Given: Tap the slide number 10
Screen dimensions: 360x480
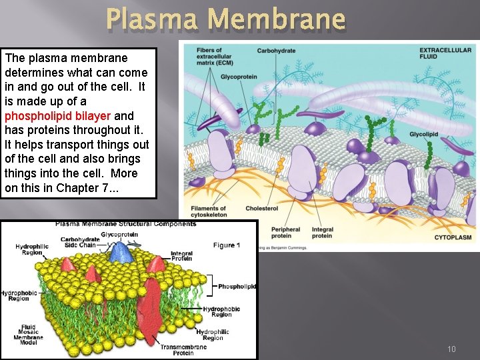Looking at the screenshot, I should coord(451,349).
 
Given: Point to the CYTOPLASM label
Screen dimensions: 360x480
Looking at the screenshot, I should coord(453,237).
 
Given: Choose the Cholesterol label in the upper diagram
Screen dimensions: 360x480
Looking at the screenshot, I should coord(261,209).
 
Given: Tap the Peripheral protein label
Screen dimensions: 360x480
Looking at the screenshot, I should coord(286,233).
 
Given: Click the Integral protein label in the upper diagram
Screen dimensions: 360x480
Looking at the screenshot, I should coord(322,233).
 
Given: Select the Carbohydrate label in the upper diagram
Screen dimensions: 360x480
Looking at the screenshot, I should coord(277,51).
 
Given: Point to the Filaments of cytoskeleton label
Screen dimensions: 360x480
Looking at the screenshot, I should coord(209,212).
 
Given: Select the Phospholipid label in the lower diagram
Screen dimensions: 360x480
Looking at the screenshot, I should coord(237,287).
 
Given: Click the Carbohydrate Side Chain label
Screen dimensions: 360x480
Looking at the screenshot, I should coord(80,243).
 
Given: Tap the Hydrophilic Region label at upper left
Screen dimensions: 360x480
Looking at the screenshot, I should coord(29,250).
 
